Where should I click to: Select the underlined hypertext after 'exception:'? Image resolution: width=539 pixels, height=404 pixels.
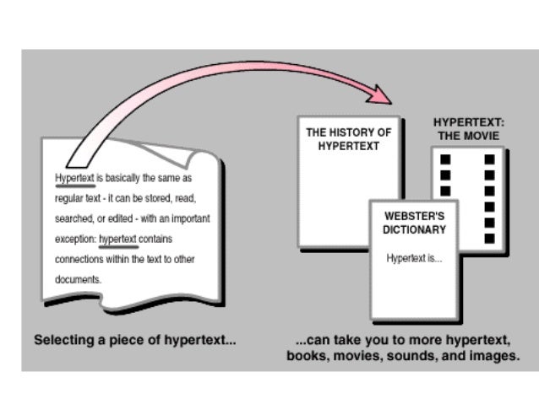point(117,239)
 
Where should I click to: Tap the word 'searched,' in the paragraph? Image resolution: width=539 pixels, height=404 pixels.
point(73,218)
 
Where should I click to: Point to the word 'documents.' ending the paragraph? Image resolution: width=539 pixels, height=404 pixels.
point(78,278)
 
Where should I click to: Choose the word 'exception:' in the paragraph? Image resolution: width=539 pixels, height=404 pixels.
point(74,239)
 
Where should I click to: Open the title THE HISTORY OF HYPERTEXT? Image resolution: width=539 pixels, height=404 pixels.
point(348,139)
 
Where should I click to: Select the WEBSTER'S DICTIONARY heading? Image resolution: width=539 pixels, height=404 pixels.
point(414,223)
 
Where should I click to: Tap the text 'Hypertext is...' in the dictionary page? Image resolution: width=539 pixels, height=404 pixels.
point(414,257)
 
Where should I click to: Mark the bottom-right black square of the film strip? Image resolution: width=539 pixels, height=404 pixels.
point(489,239)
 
